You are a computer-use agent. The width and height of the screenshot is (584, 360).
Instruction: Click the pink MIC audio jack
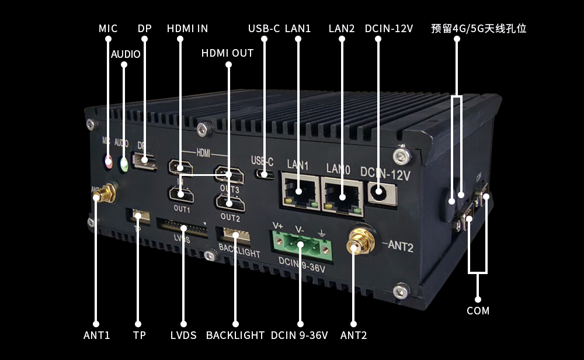[x=108, y=161]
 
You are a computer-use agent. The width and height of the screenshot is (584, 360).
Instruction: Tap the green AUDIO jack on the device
[x=124, y=164]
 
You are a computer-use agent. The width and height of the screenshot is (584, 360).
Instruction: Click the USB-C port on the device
[x=265, y=174]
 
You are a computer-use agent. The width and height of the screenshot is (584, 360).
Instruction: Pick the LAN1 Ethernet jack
[x=300, y=191]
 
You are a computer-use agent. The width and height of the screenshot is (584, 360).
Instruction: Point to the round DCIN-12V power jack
[x=379, y=192]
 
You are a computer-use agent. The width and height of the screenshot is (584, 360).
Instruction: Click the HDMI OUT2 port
[x=230, y=203]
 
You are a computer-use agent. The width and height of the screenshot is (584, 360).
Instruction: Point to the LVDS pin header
[x=182, y=228]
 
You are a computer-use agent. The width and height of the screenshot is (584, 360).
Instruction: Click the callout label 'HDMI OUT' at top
[x=227, y=53]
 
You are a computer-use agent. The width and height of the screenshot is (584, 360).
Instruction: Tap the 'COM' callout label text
[x=478, y=311]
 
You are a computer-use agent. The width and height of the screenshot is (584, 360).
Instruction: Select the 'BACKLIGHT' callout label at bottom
[x=235, y=335]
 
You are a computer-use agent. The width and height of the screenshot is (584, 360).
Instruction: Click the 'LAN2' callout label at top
[x=342, y=29]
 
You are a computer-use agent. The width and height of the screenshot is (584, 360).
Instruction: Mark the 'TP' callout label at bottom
[x=139, y=335]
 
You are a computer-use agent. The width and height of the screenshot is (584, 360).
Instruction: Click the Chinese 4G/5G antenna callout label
[x=479, y=29]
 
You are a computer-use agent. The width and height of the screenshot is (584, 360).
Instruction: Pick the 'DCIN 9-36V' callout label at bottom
[x=300, y=335]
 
